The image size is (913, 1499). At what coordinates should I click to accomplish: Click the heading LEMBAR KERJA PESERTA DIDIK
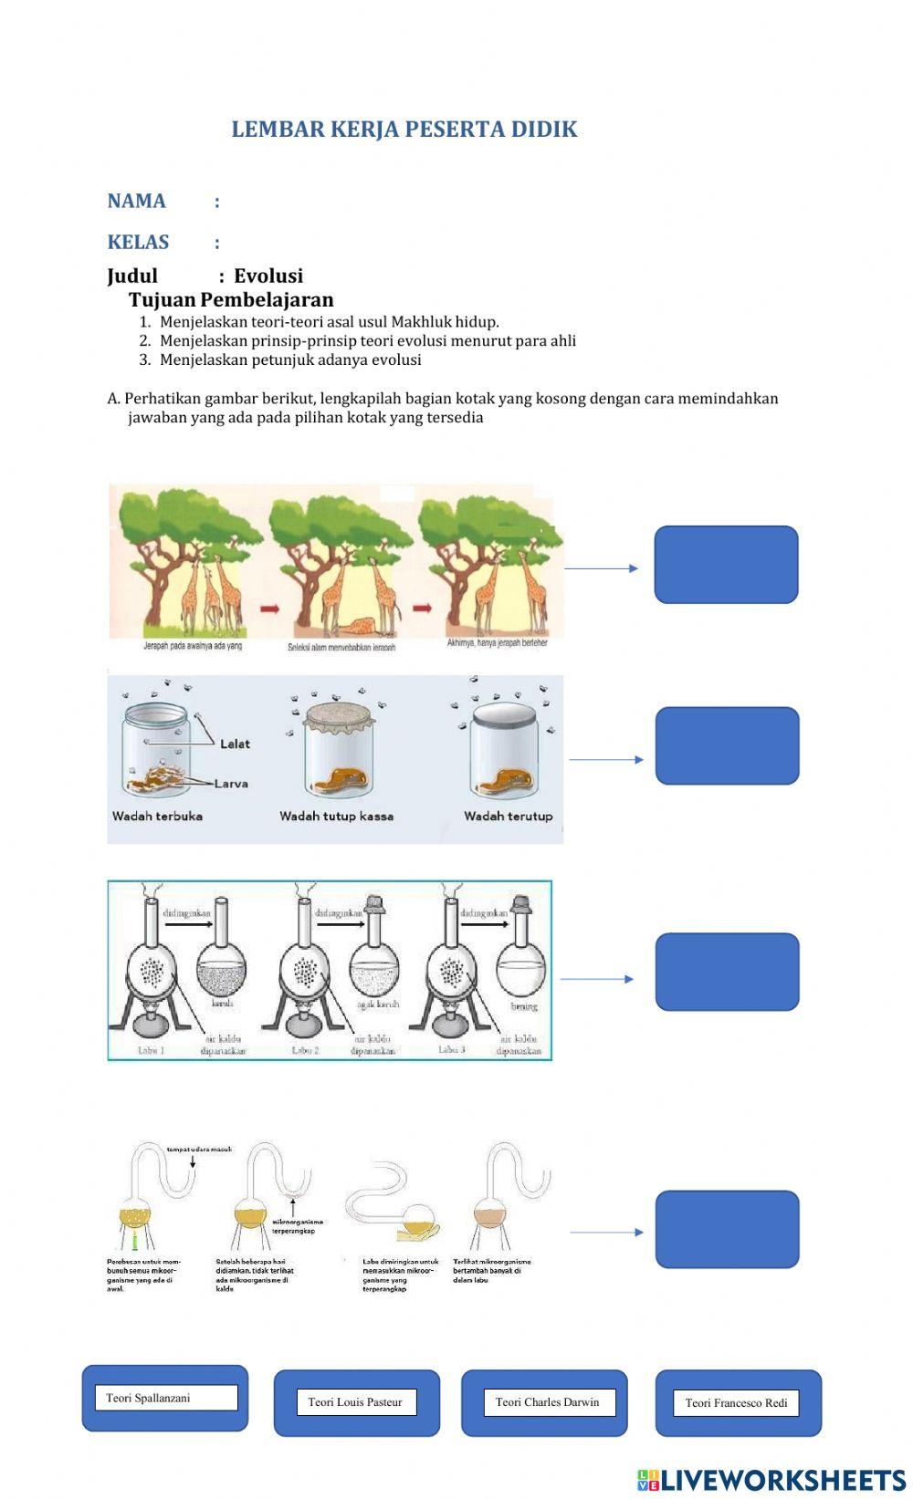(404, 130)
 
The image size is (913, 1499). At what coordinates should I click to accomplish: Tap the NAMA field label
(136, 202)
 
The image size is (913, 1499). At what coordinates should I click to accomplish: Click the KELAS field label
(138, 243)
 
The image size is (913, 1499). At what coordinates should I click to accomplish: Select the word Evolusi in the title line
(268, 276)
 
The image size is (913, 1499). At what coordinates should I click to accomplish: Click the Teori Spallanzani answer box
(165, 1398)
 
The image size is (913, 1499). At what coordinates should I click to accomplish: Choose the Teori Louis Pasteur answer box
(356, 1402)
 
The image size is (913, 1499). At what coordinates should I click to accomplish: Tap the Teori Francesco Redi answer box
(736, 1403)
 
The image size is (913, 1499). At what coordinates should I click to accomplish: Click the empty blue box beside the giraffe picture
(726, 565)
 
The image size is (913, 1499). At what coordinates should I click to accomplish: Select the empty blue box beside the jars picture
(727, 745)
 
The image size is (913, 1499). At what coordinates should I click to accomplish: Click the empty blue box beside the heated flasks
(727, 972)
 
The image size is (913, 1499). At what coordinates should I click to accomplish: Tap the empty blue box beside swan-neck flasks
(727, 1229)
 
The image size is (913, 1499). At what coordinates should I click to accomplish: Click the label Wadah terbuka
(157, 817)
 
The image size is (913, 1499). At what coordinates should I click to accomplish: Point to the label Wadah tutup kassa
(336, 817)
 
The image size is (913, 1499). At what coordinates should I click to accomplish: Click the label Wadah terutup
(508, 817)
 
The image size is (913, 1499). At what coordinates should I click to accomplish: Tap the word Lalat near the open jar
(235, 744)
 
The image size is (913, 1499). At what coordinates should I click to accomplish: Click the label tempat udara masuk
(199, 1150)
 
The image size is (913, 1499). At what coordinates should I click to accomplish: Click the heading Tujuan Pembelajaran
(231, 300)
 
